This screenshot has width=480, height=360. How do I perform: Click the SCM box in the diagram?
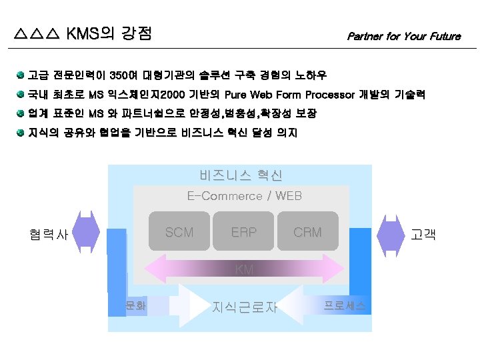pos(179,233)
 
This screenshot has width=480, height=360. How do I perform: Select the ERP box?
pos(243,233)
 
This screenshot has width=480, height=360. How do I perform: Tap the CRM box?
pos(307,233)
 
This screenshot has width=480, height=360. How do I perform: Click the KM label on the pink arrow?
pos(245,270)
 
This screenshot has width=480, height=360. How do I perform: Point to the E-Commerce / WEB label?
pos(244,196)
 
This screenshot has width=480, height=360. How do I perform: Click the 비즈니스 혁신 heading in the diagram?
pos(241,175)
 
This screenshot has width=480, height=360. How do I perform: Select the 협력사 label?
pos(48,235)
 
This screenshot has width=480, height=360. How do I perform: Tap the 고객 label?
pos(423,235)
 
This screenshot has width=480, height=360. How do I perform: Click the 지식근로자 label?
pos(244,307)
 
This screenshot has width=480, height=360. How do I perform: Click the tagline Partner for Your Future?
pos(403,37)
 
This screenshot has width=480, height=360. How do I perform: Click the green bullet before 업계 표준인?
pos(21,113)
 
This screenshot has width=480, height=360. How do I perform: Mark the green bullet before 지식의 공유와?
pos(21,133)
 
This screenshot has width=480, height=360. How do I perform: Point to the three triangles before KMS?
pos(37,33)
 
